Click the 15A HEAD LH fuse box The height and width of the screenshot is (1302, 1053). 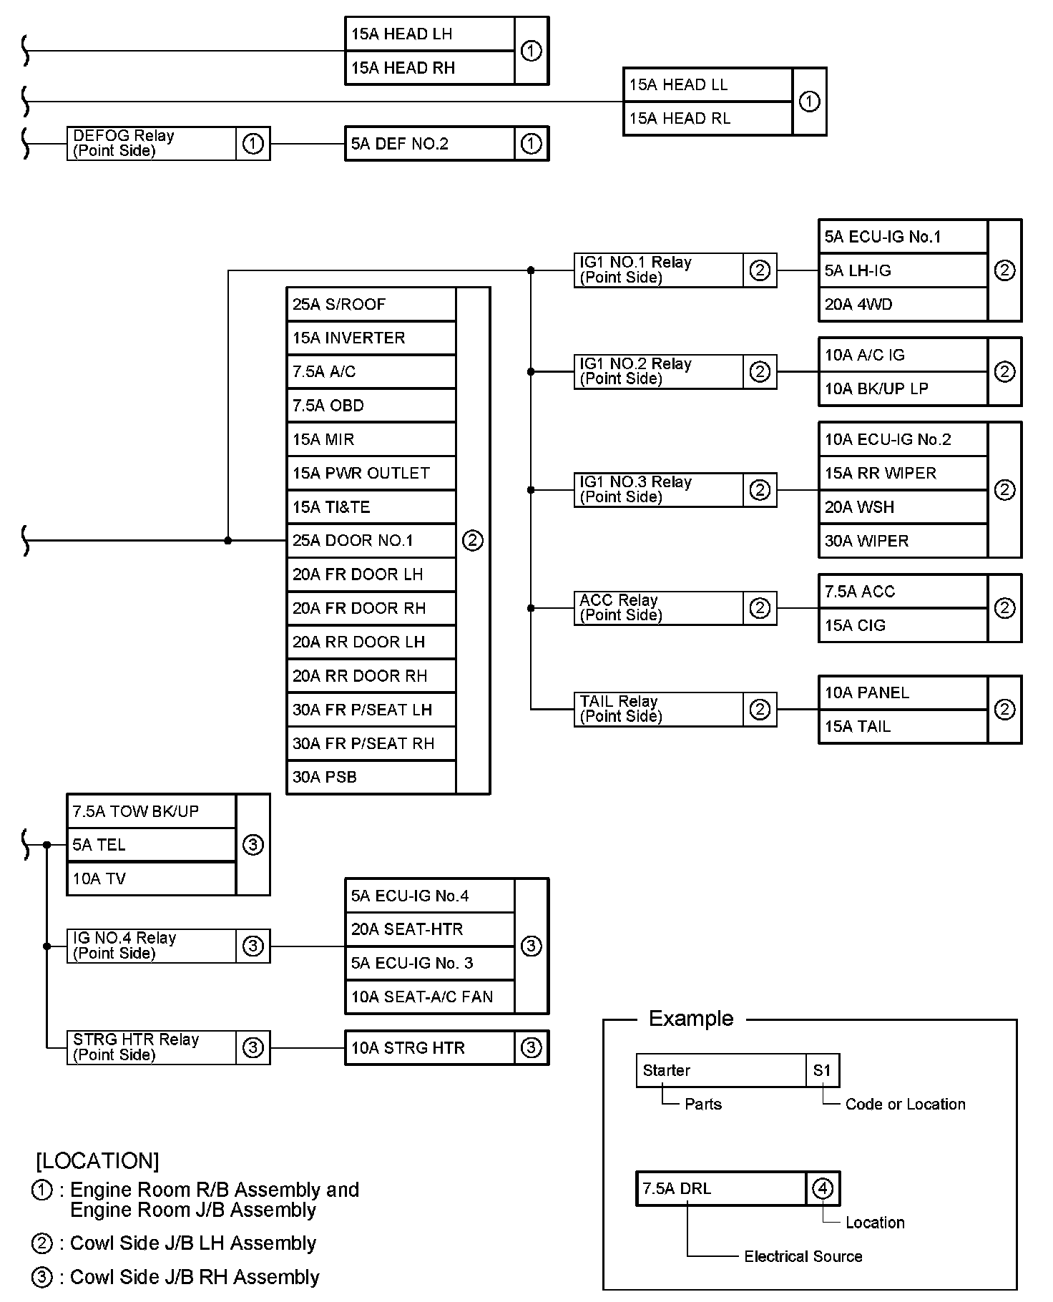click(x=429, y=34)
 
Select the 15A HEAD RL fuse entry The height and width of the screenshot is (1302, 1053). click(x=707, y=118)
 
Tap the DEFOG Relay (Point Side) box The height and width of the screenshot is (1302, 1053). click(x=169, y=143)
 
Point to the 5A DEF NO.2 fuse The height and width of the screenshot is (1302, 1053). click(x=429, y=143)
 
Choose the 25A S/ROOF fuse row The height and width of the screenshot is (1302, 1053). click(x=371, y=304)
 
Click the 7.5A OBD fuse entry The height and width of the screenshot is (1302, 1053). click(x=371, y=406)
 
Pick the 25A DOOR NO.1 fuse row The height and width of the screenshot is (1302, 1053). click(x=371, y=541)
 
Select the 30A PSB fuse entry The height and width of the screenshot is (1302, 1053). click(x=371, y=777)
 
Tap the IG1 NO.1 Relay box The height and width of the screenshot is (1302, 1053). click(x=675, y=270)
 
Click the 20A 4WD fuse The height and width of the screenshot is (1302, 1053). click(x=903, y=304)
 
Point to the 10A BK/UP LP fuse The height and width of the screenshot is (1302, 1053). click(x=903, y=388)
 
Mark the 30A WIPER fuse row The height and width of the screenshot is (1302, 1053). click(x=903, y=541)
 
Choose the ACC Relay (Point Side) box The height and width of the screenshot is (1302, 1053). click(x=675, y=608)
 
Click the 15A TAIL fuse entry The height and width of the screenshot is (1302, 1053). click(x=903, y=726)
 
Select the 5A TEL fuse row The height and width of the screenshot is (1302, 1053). click(x=151, y=845)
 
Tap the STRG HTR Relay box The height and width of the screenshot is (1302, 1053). click(x=169, y=1047)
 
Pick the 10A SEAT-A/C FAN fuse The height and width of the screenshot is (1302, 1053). click(x=429, y=997)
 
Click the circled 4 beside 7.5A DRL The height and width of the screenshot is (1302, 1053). click(x=823, y=1189)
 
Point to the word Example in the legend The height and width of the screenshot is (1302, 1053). click(x=691, y=1019)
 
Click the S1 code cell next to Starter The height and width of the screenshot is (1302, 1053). click(x=823, y=1071)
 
